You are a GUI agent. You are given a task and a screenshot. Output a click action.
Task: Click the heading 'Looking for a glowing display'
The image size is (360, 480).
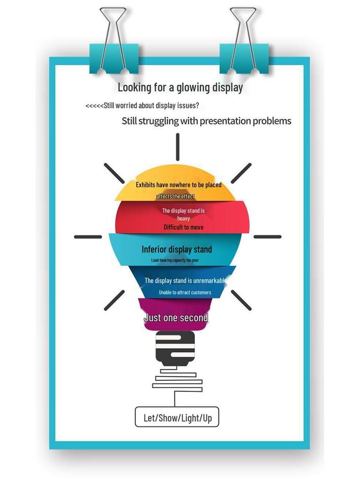tap(180, 88)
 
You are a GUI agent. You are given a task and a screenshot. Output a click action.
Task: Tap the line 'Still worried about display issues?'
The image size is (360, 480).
tap(151, 105)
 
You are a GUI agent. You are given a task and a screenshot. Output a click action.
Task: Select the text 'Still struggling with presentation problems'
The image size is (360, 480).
tap(206, 121)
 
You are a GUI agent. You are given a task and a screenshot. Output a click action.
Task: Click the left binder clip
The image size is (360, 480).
tap(113, 41)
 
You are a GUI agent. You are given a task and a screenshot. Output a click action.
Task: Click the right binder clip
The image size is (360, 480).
tap(244, 41)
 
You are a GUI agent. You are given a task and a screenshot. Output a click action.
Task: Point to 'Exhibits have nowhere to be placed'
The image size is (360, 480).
tap(179, 185)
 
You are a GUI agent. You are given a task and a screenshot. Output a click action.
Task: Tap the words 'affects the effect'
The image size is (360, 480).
tap(175, 196)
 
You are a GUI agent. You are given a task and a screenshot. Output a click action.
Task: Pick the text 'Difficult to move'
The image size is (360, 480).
tap(183, 227)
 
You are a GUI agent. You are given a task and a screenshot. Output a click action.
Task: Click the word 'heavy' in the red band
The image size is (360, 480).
tap(183, 218)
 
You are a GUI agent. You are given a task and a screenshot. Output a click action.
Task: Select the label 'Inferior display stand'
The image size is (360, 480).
tap(177, 249)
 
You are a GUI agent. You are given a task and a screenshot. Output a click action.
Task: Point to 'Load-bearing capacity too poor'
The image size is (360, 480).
tap(175, 260)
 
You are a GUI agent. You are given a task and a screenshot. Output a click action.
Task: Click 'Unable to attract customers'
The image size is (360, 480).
tap(185, 292)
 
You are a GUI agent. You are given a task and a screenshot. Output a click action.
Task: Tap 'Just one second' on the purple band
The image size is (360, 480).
tap(176, 318)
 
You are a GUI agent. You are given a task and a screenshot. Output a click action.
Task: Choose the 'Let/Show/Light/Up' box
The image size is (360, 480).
tap(177, 417)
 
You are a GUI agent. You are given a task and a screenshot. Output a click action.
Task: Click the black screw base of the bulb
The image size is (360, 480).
tap(175, 349)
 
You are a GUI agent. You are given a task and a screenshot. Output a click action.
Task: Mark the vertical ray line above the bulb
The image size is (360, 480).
tap(178, 147)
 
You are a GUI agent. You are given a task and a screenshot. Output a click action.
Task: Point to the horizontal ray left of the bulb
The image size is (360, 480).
tap(88, 237)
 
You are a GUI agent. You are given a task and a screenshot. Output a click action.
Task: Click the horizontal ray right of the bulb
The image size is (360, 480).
tap(268, 237)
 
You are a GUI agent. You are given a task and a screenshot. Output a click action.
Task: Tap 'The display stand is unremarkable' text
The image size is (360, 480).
tap(185, 280)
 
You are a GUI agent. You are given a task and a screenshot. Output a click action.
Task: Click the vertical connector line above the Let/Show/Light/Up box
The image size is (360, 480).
tap(175, 399)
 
